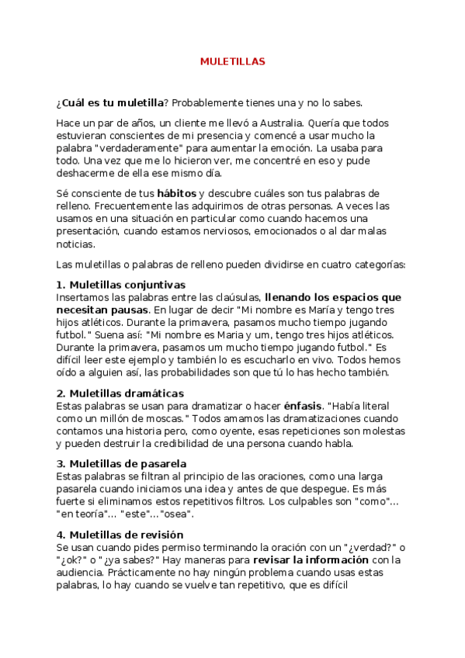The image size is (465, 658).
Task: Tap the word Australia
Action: [x=279, y=123]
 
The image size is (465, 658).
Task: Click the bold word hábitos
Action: [x=177, y=193]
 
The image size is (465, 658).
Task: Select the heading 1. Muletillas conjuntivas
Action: [x=121, y=285]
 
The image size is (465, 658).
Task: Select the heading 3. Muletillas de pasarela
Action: [x=121, y=464]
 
